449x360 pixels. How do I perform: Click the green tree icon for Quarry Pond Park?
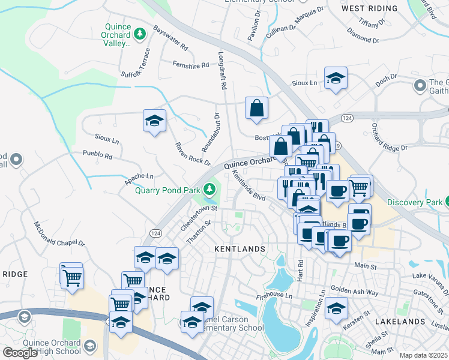pos(209,190)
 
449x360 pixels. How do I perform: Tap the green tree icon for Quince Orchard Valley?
pos(140,32)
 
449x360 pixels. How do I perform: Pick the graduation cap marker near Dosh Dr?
pos(336,77)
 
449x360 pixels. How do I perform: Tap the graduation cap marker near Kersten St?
pos(336,309)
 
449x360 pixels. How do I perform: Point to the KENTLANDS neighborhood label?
pos(240,248)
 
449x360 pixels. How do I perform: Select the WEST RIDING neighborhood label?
pos(369,8)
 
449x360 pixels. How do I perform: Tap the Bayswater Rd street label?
pos(170,37)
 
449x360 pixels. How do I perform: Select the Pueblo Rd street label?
pos(98,155)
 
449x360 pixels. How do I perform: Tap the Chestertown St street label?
pos(197,220)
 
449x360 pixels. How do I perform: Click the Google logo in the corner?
pos(20,353)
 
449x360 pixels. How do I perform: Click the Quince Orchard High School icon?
pos(90,346)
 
